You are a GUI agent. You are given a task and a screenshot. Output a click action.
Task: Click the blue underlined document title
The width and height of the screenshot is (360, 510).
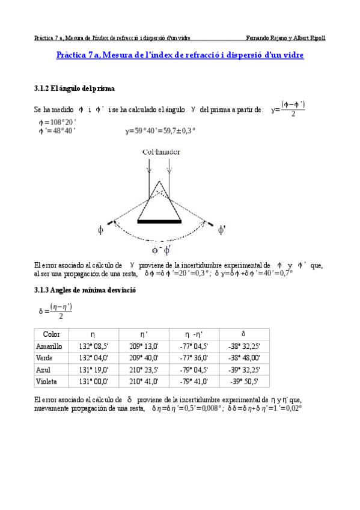click(x=180, y=55)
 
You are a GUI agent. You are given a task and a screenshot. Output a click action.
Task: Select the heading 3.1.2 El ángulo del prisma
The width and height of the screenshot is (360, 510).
click(x=71, y=89)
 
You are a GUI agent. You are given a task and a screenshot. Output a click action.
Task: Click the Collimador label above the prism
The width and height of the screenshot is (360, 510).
click(x=161, y=153)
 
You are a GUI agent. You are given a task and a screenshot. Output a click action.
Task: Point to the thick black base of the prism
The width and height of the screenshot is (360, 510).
click(x=159, y=222)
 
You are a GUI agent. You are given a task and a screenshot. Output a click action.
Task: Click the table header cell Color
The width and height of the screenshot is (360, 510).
click(x=47, y=334)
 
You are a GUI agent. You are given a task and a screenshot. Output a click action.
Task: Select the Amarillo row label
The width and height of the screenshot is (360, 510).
click(x=49, y=346)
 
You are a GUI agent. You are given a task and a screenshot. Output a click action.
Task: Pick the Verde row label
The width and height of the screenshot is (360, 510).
click(x=45, y=357)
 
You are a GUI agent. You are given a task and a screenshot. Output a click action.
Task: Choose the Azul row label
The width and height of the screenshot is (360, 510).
click(x=43, y=369)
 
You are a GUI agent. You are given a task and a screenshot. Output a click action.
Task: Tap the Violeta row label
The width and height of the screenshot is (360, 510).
click(x=46, y=381)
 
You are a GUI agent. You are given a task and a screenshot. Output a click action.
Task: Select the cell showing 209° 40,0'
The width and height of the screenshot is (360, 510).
click(x=144, y=357)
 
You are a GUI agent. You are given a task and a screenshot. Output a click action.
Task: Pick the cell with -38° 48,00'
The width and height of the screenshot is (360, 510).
click(x=244, y=357)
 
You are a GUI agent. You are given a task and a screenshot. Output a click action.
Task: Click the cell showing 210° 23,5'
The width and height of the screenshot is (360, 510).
click(x=144, y=369)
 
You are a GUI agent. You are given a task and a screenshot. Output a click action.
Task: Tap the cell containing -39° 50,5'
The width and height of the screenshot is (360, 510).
click(x=244, y=381)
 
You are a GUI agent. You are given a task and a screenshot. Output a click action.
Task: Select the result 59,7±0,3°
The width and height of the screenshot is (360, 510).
click(x=178, y=130)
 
